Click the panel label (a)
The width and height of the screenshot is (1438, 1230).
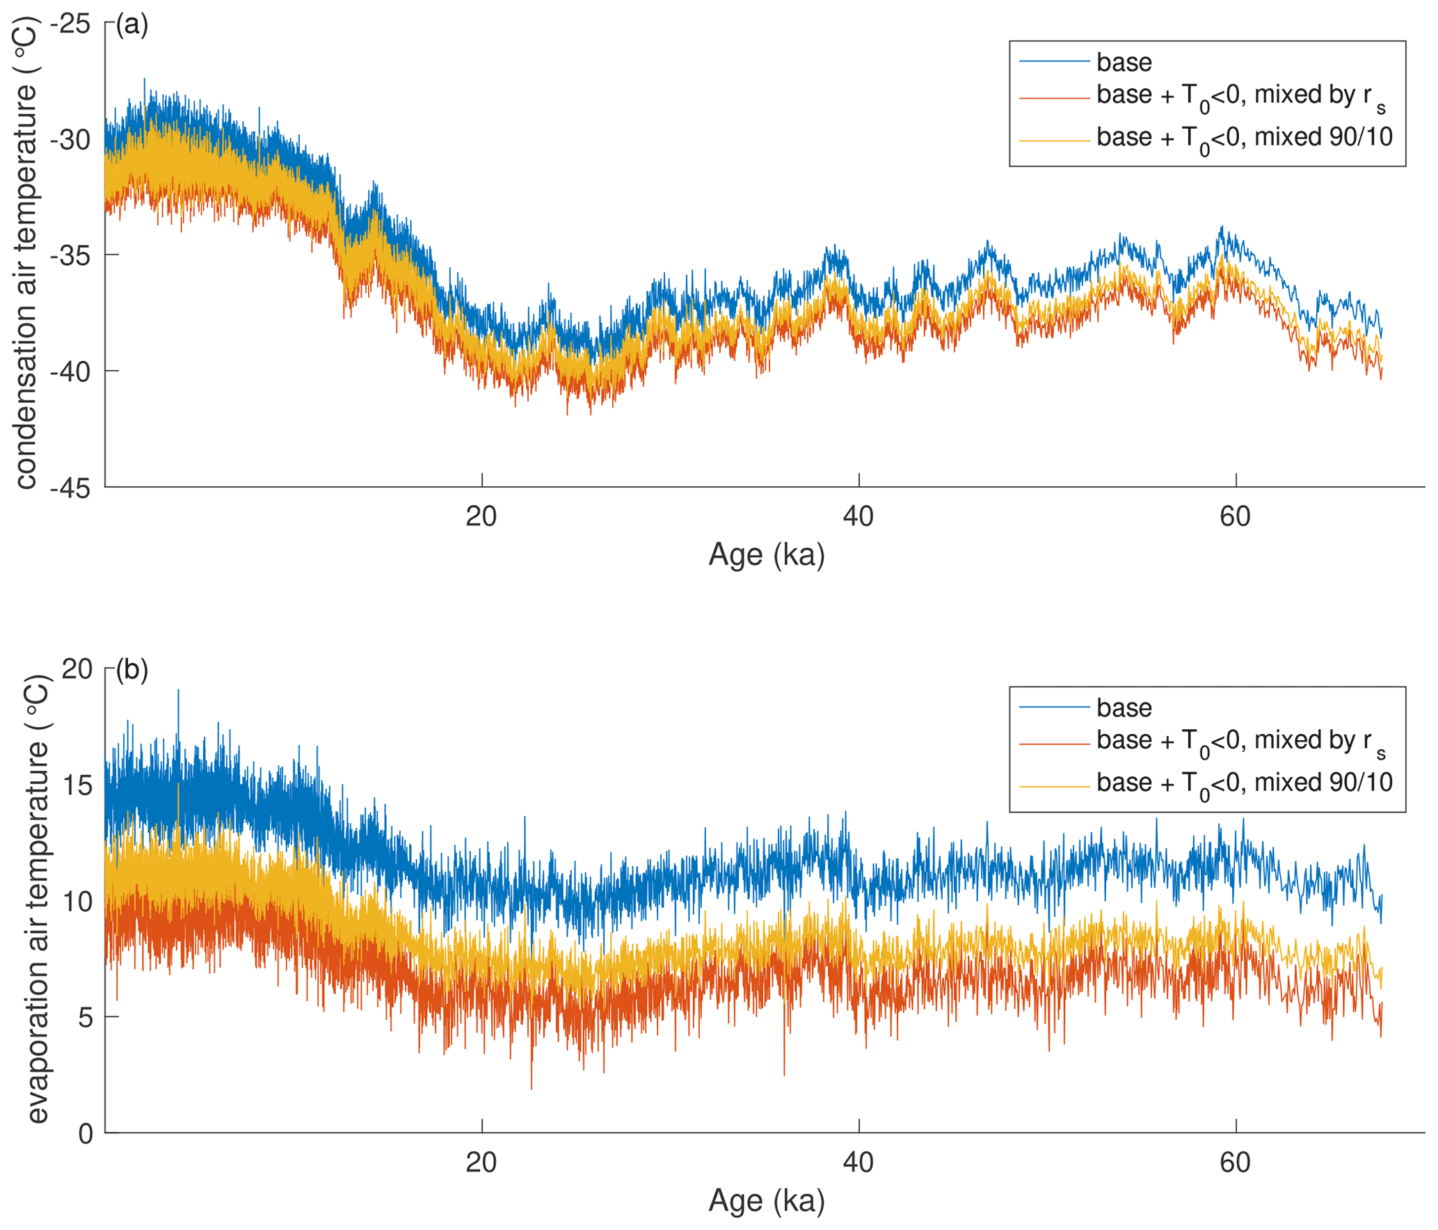[x=131, y=25]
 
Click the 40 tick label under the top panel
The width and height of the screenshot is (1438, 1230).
[x=858, y=517]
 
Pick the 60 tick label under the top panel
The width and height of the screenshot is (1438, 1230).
[x=1235, y=517]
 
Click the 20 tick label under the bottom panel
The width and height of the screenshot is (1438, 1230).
[x=481, y=1163]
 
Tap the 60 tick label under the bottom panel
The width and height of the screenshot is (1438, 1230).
[x=1235, y=1163]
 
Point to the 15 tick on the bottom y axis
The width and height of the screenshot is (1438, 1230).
[x=77, y=785]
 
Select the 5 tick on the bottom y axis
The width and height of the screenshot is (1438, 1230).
[x=85, y=1018]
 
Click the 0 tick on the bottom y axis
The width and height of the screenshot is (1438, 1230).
[x=85, y=1134]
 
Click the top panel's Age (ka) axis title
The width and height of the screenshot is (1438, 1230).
[x=766, y=555]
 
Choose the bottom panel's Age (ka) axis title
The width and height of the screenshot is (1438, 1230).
[x=766, y=1201]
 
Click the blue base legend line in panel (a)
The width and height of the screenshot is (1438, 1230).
[x=1054, y=62]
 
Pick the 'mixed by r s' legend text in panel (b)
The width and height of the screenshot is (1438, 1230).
[x=1241, y=742]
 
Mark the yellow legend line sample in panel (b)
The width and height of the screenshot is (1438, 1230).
[x=1054, y=786]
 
